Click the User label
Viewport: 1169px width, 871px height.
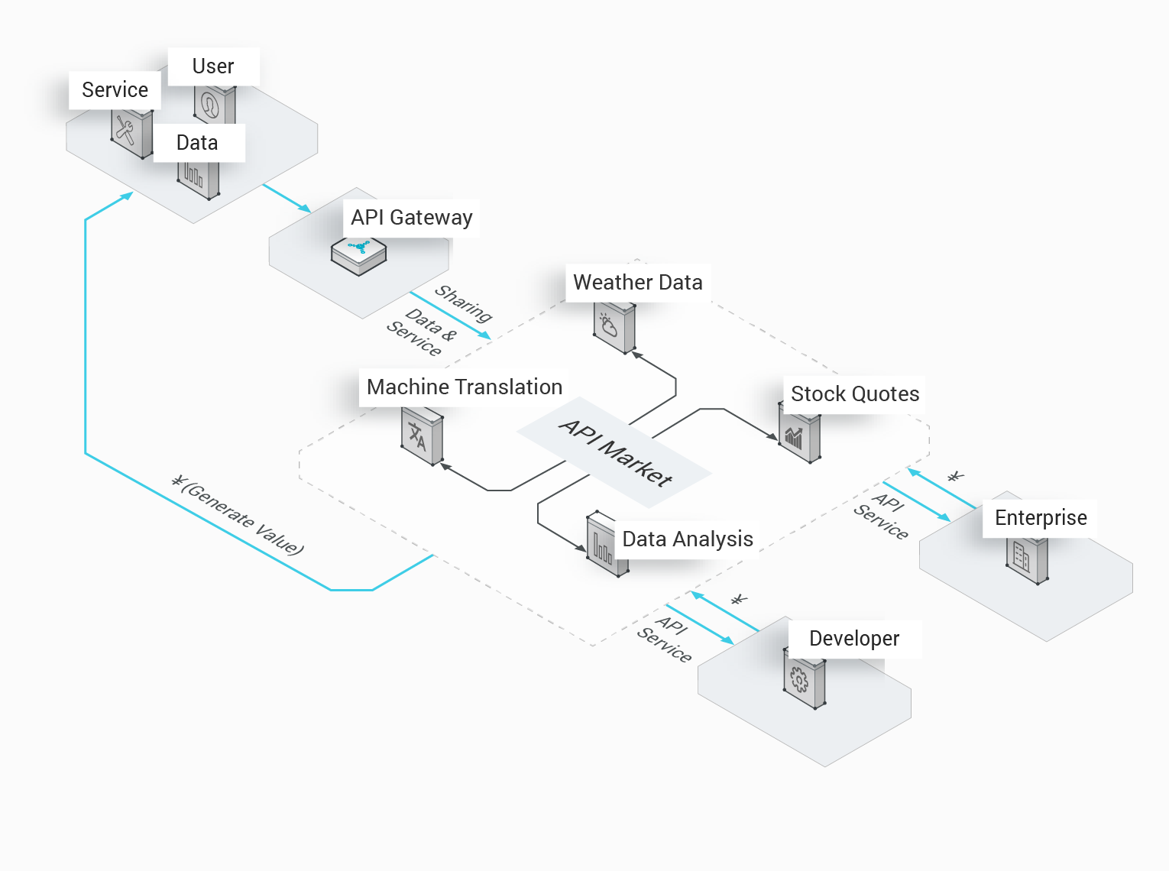point(213,66)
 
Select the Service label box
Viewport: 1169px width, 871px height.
point(115,90)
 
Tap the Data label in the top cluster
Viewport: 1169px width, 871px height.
point(198,143)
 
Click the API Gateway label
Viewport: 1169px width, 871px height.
point(412,218)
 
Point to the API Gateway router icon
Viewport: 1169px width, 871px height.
point(359,255)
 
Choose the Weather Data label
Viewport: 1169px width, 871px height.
point(638,283)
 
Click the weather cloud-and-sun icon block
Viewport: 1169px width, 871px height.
point(614,328)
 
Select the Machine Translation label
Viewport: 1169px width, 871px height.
point(465,387)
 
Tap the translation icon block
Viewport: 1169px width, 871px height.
point(422,436)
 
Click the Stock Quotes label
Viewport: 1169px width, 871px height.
point(855,394)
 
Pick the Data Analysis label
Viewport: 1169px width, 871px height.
point(688,539)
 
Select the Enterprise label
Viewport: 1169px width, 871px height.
point(1041,518)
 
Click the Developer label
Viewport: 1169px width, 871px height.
point(854,639)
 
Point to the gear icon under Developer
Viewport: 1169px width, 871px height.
point(805,683)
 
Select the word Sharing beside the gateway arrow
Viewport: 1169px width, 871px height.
point(463,303)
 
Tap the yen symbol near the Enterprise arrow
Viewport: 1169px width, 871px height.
point(956,478)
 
